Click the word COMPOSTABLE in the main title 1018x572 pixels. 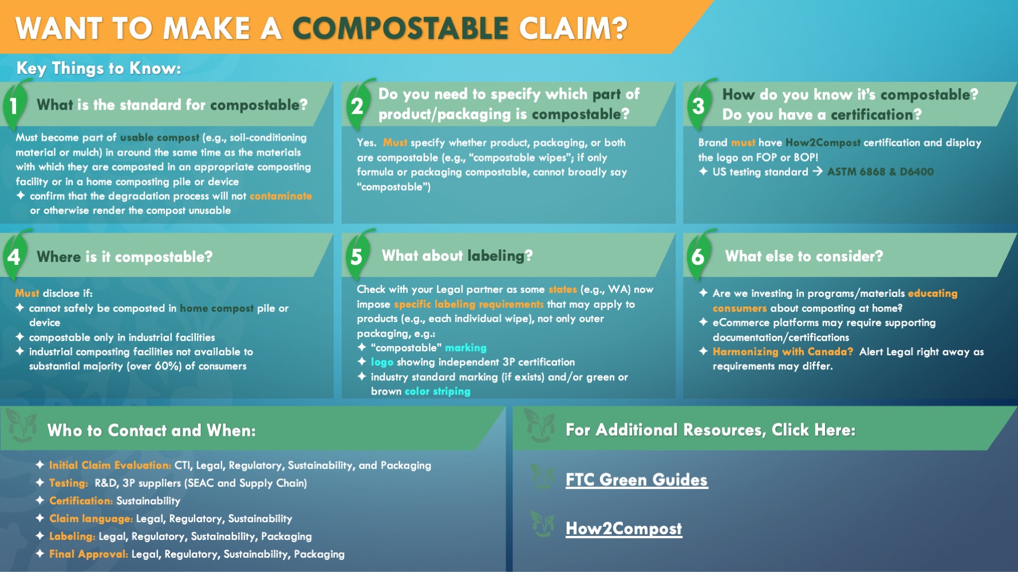400,29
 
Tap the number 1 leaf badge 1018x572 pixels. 16,104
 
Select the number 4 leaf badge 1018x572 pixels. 16,255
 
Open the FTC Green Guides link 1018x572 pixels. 636,479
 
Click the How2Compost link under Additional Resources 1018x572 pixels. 624,529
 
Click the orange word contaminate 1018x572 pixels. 281,196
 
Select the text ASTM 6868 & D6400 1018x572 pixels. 880,172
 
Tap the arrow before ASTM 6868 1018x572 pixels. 818,171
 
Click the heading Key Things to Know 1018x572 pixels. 98,68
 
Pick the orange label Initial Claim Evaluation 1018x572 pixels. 110,465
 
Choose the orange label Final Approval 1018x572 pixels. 88,554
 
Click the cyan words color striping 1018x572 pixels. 437,391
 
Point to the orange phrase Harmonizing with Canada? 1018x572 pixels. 783,352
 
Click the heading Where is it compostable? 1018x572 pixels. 124,257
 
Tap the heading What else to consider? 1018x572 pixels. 804,256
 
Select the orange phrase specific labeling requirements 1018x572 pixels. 468,304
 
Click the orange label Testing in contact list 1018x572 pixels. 68,483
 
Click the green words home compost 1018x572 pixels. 216,308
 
